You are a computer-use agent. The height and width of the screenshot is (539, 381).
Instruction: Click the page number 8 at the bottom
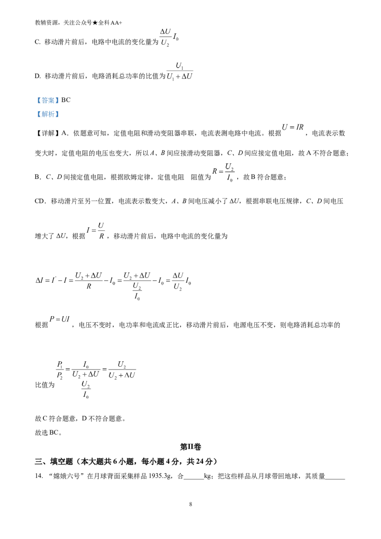[190, 504]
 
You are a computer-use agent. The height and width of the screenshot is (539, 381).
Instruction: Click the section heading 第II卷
[190, 447]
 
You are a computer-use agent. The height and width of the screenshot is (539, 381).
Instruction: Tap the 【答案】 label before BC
[47, 100]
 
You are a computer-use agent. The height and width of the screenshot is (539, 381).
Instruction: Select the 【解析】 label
[47, 114]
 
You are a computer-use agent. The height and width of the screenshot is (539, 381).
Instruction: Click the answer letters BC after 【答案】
[66, 100]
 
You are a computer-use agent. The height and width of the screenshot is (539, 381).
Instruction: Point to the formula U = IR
[292, 127]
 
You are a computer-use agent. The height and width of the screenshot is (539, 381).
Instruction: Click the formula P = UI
[60, 319]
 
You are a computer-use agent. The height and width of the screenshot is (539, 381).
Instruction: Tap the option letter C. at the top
[38, 42]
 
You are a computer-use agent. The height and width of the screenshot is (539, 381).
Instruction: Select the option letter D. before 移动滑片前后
[38, 76]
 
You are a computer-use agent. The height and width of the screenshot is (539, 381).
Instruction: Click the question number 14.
[39, 476]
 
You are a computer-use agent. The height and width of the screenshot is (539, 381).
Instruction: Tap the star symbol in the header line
[95, 23]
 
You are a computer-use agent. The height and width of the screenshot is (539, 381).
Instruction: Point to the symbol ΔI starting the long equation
[39, 280]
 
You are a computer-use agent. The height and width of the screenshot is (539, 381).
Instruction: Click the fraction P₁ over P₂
[60, 370]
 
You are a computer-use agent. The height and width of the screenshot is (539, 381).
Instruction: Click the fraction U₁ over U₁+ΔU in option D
[180, 71]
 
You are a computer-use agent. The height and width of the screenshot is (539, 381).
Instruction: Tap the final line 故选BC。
[49, 432]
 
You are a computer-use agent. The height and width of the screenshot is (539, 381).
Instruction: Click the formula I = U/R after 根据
[96, 230]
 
